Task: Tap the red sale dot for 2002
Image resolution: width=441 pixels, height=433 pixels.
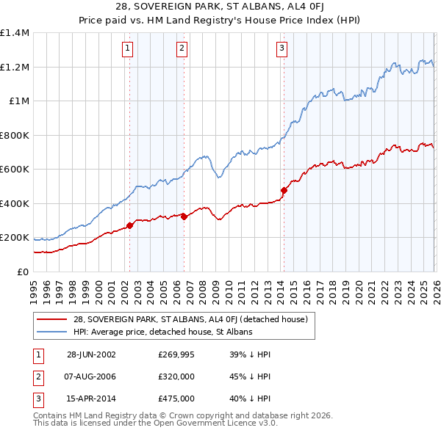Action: tap(130, 225)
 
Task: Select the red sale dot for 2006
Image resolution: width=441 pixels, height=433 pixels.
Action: tap(184, 216)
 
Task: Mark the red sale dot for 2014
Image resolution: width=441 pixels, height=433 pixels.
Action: tap(283, 190)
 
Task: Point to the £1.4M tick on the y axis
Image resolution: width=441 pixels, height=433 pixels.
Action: tap(15, 33)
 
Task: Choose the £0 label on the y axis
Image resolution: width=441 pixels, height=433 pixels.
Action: tap(24, 272)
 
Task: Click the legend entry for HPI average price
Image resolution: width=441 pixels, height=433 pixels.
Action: tap(162, 332)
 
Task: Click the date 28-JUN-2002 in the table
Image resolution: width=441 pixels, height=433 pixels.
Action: tap(91, 354)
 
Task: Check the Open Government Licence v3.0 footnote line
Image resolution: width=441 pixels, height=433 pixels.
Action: tap(155, 424)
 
